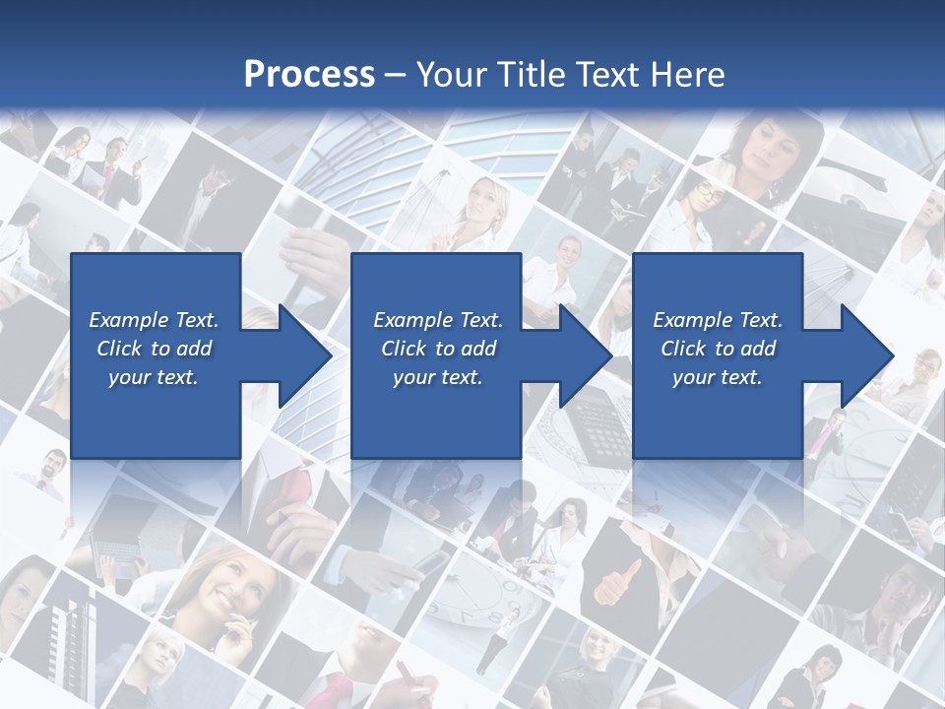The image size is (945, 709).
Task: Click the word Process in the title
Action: (309, 74)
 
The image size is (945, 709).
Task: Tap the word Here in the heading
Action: (689, 74)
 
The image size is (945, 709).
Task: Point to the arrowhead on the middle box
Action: (585, 355)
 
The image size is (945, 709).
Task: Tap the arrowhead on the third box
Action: (866, 355)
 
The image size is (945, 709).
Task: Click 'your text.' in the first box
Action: (154, 377)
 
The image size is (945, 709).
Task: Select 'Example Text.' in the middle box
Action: (438, 320)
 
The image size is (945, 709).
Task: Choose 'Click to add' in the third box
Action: (719, 349)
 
